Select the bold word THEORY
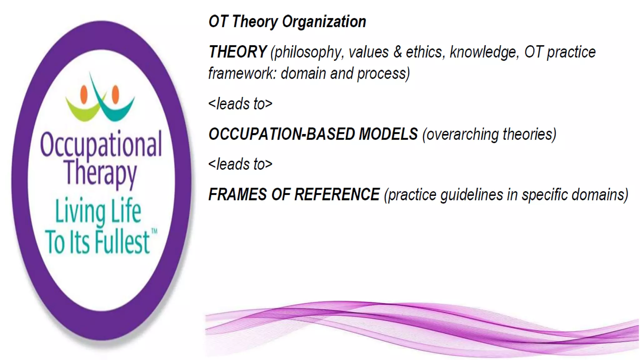tap(237, 52)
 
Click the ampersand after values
tap(397, 52)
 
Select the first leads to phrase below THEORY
tap(240, 104)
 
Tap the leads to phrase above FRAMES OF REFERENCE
tap(240, 164)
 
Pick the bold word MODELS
tap(388, 134)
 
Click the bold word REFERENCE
tap(337, 194)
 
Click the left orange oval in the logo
tap(84, 95)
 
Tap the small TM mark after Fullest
tap(154, 232)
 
